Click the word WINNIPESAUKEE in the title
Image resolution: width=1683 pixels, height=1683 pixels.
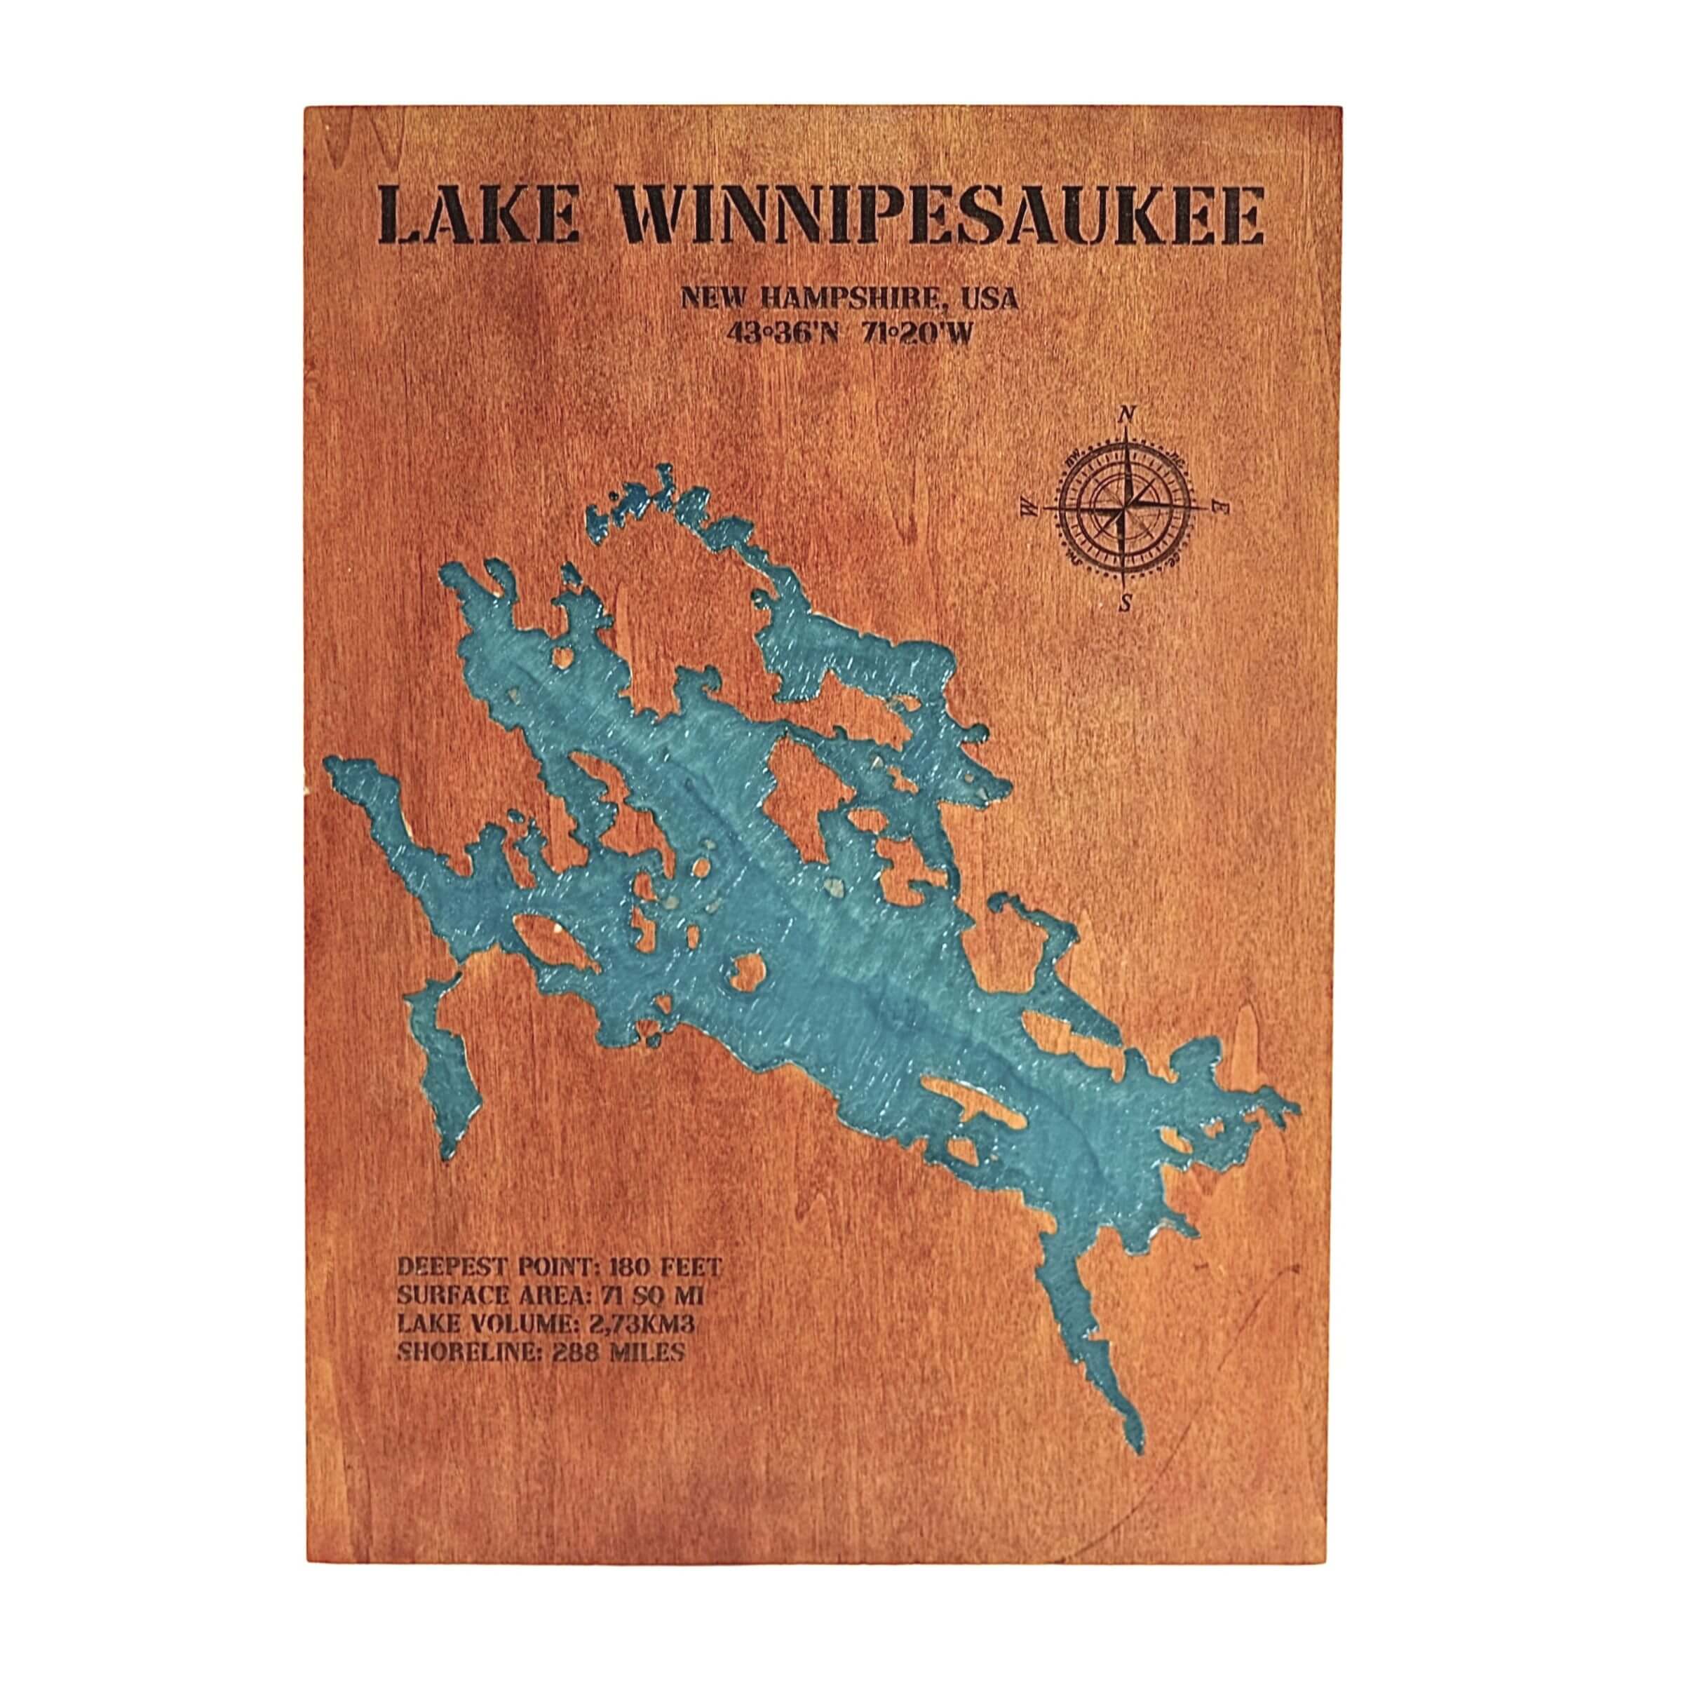point(942,212)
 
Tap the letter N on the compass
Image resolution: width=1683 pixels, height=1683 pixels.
point(1126,414)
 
